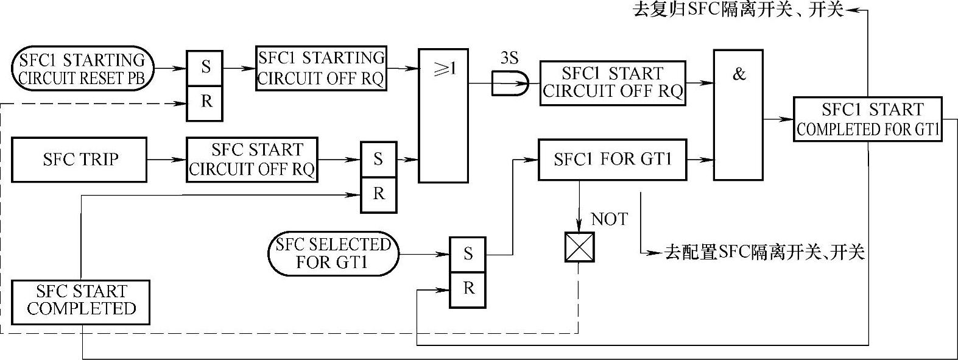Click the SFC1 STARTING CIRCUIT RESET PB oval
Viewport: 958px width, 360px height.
click(x=82, y=69)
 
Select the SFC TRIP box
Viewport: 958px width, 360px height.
click(x=80, y=160)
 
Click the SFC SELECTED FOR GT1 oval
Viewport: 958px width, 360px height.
click(x=333, y=253)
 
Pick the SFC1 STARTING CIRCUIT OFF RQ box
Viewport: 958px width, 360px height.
click(x=321, y=68)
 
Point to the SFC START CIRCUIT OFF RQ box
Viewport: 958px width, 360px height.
click(x=252, y=160)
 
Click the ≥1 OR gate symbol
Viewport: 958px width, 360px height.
click(x=442, y=116)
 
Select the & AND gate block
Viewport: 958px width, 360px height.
click(x=738, y=116)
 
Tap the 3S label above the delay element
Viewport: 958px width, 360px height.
click(x=509, y=58)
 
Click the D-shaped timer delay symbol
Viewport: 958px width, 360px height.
click(x=511, y=83)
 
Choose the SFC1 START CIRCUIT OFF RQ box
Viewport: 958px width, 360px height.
click(x=612, y=83)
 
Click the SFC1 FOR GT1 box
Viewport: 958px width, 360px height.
click(x=612, y=160)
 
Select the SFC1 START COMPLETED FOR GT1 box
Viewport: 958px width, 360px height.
click(x=868, y=119)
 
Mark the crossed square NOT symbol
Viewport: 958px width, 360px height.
click(x=579, y=247)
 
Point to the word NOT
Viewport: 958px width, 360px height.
click(x=609, y=219)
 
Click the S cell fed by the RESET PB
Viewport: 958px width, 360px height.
click(x=205, y=66)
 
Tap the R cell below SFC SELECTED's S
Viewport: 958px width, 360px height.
click(x=468, y=288)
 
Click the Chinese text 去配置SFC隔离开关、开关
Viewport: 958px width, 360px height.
click(x=764, y=252)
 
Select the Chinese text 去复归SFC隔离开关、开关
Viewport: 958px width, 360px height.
click(x=739, y=10)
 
